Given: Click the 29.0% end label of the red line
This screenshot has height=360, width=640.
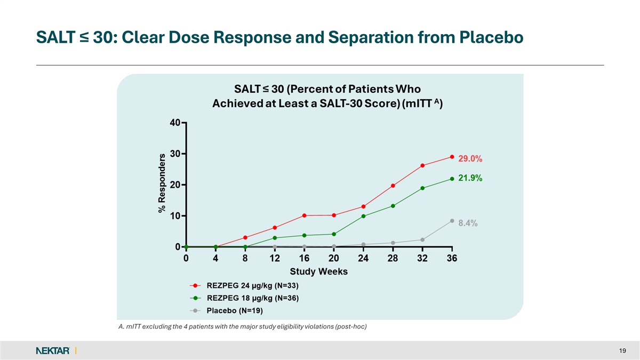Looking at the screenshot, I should click(470, 158).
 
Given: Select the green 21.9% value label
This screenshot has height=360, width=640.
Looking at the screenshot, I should click(470, 179).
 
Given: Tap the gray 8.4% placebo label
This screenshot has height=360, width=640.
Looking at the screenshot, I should click(468, 224).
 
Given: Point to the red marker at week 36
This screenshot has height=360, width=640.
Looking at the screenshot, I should click(452, 157).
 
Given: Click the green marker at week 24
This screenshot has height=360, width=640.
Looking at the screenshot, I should click(363, 216).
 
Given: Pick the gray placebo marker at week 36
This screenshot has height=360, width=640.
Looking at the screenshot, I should click(452, 221).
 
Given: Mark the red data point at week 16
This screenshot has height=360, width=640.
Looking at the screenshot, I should click(304, 215).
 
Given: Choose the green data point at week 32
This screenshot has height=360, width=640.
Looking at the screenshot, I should click(422, 188).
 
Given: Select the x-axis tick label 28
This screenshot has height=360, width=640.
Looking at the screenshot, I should click(393, 259).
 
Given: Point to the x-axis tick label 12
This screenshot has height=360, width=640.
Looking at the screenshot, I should click(274, 259).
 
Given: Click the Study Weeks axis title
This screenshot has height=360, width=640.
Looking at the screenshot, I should click(318, 271).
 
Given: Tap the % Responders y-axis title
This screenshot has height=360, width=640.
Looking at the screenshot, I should click(162, 181).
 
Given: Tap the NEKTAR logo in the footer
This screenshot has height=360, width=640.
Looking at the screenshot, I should click(53, 350).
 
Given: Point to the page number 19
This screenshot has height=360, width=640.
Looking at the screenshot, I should click(623, 350).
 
